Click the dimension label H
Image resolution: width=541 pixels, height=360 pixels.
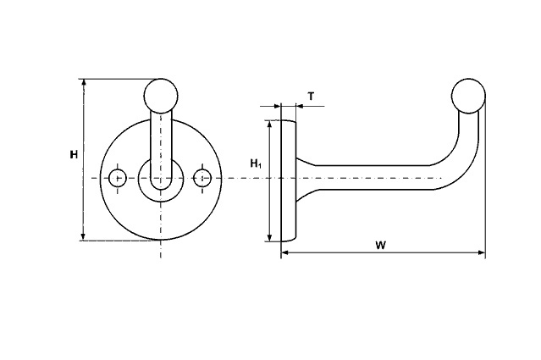coord(74,155)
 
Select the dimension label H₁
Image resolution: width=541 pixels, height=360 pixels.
coord(256,163)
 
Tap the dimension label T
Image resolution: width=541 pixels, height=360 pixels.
coord(312,97)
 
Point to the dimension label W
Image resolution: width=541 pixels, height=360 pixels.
coord(381,246)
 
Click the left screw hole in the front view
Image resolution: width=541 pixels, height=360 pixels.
coord(118,179)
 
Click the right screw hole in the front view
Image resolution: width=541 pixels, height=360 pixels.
coord(202,178)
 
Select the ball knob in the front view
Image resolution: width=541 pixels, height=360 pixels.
coord(161,96)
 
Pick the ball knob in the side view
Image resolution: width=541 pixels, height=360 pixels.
coord(468,96)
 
